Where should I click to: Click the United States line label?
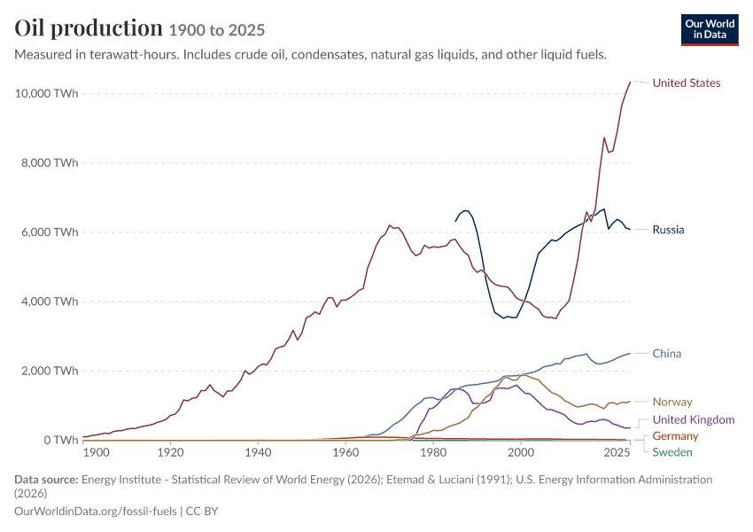(687, 83)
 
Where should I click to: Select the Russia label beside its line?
(668, 230)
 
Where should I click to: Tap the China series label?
(666, 354)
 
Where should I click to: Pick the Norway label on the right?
(672, 403)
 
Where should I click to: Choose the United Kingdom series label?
(694, 419)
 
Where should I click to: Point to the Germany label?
(675, 436)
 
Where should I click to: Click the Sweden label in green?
(672, 452)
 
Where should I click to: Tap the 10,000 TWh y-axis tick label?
(46, 93)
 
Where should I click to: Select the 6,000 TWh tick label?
(49, 232)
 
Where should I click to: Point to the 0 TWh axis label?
(61, 440)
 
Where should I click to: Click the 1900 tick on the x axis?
(96, 453)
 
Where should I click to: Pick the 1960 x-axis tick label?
(345, 453)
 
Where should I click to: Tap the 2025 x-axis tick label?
(617, 453)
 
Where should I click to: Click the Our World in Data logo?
(710, 30)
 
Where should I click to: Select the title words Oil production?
(89, 28)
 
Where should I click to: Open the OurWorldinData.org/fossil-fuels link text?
(96, 512)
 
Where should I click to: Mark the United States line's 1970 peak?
(390, 225)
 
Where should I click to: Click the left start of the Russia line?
(455, 221)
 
